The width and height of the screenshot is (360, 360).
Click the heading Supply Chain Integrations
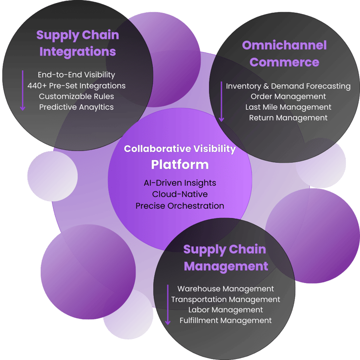click(77, 43)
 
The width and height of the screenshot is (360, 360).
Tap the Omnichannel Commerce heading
click(284, 54)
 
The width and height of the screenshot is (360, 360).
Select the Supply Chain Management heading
click(225, 258)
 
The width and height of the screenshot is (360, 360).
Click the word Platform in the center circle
click(180, 165)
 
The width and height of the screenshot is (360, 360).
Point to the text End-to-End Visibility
click(76, 75)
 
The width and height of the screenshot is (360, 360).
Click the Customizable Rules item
click(76, 96)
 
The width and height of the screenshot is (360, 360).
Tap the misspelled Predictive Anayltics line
click(76, 107)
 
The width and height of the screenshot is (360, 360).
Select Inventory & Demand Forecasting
click(288, 86)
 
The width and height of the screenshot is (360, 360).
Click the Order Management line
click(288, 97)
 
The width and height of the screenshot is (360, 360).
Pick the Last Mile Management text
click(288, 107)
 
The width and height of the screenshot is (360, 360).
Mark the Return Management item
click(288, 118)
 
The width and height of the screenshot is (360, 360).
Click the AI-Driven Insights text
click(180, 183)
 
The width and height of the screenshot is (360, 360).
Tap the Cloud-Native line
click(180, 194)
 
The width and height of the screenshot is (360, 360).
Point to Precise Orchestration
click(180, 206)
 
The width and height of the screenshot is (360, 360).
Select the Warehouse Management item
click(225, 289)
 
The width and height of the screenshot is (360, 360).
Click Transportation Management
click(225, 299)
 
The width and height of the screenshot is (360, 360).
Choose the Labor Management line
click(225, 310)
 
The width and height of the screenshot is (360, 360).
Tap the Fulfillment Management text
click(225, 321)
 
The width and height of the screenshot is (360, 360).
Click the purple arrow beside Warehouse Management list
click(168, 305)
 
